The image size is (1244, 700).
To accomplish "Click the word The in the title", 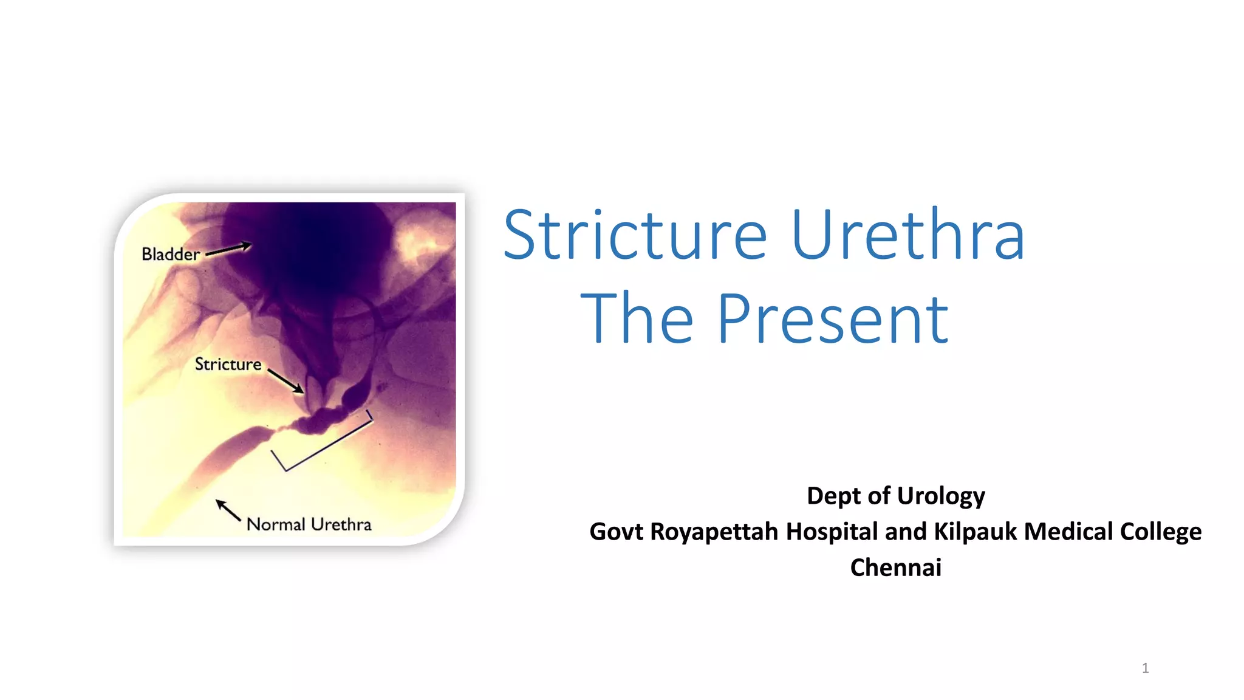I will coord(637,319).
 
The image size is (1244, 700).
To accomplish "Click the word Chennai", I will coord(895,568).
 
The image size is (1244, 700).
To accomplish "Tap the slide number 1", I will coord(1145,668).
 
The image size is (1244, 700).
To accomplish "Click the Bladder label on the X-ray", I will coord(170,254).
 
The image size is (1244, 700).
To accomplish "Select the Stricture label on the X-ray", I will coord(228,364).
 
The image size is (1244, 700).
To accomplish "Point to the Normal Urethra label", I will coord(309,524).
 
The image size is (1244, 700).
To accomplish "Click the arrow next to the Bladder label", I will coord(228,250).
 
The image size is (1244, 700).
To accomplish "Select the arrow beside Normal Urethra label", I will coord(228,510).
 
